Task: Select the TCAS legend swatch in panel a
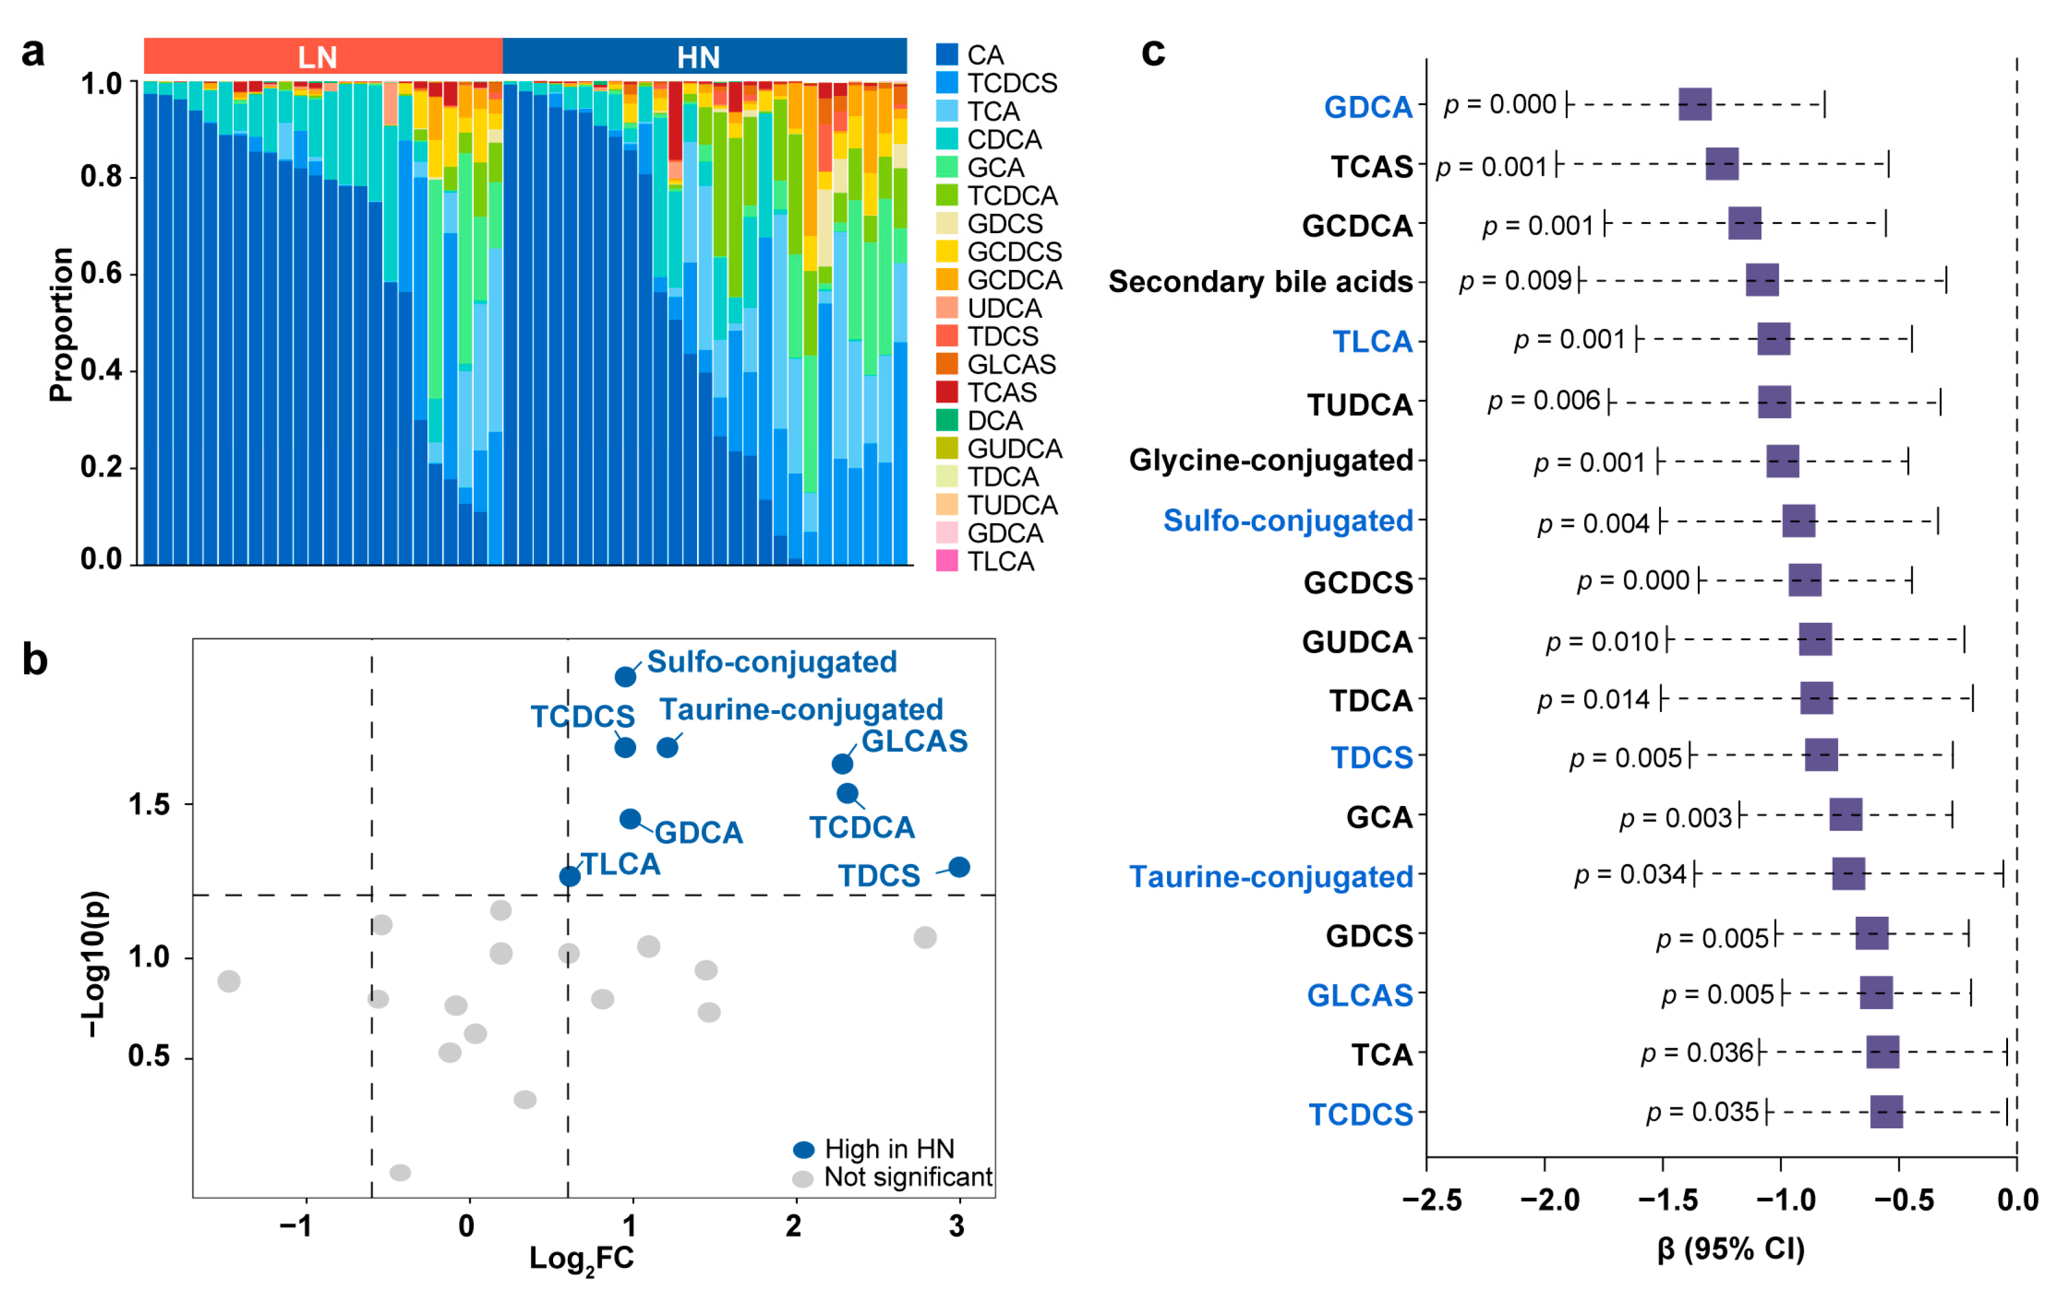[x=946, y=392]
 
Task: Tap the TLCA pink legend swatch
[x=946, y=561]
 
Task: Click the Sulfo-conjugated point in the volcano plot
[x=626, y=676]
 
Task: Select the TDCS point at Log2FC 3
[x=959, y=867]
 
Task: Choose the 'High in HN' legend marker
[x=803, y=1150]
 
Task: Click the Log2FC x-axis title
[x=581, y=1259]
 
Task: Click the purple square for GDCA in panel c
[x=1694, y=105]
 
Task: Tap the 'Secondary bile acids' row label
[x=1259, y=282]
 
